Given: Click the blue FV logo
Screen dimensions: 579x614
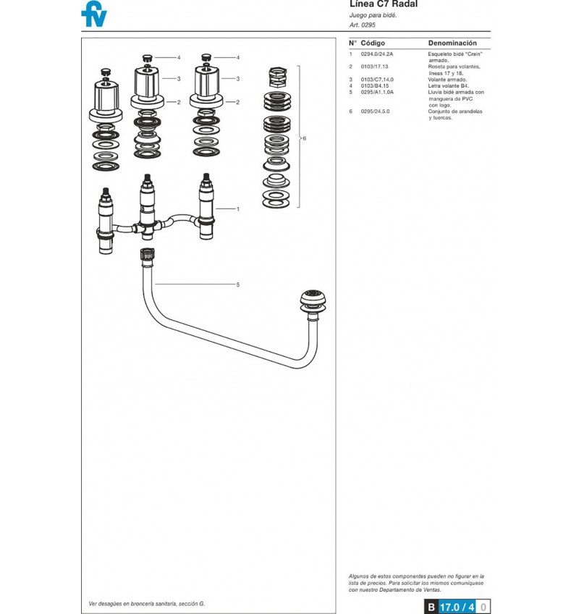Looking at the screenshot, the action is coord(94,14).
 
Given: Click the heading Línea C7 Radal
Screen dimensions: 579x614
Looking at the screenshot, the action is coord(384,4).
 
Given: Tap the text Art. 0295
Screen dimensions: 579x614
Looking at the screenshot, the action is coord(362,25).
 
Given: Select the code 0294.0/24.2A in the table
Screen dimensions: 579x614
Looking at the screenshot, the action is coord(376,54).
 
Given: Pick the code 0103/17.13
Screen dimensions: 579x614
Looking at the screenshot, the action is coord(374,67).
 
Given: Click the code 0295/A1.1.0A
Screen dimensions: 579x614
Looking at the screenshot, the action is coord(377,92).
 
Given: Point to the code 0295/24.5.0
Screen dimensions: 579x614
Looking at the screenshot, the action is coord(375,112).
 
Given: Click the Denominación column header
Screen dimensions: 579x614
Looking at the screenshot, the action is coord(452,43).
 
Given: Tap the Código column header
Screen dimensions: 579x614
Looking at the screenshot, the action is coord(373,43).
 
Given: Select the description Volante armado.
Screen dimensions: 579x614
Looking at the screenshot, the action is coord(447,80).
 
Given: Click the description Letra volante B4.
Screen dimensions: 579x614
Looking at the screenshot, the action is coord(448,85).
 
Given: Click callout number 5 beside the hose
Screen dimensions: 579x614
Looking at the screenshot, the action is coord(237,285).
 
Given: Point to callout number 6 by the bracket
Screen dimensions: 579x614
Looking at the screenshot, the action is coord(304,138).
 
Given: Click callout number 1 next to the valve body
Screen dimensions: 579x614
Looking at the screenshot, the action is coord(237,209).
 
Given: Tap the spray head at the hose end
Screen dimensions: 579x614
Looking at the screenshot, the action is coord(313,302).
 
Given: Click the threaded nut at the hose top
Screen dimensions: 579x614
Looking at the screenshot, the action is coord(147,253).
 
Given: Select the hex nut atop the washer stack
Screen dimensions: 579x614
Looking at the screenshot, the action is coord(277,77).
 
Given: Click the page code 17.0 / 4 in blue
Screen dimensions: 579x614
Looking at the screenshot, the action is coord(457,607).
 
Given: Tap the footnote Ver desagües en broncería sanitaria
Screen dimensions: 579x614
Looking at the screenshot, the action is coord(146,604).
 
